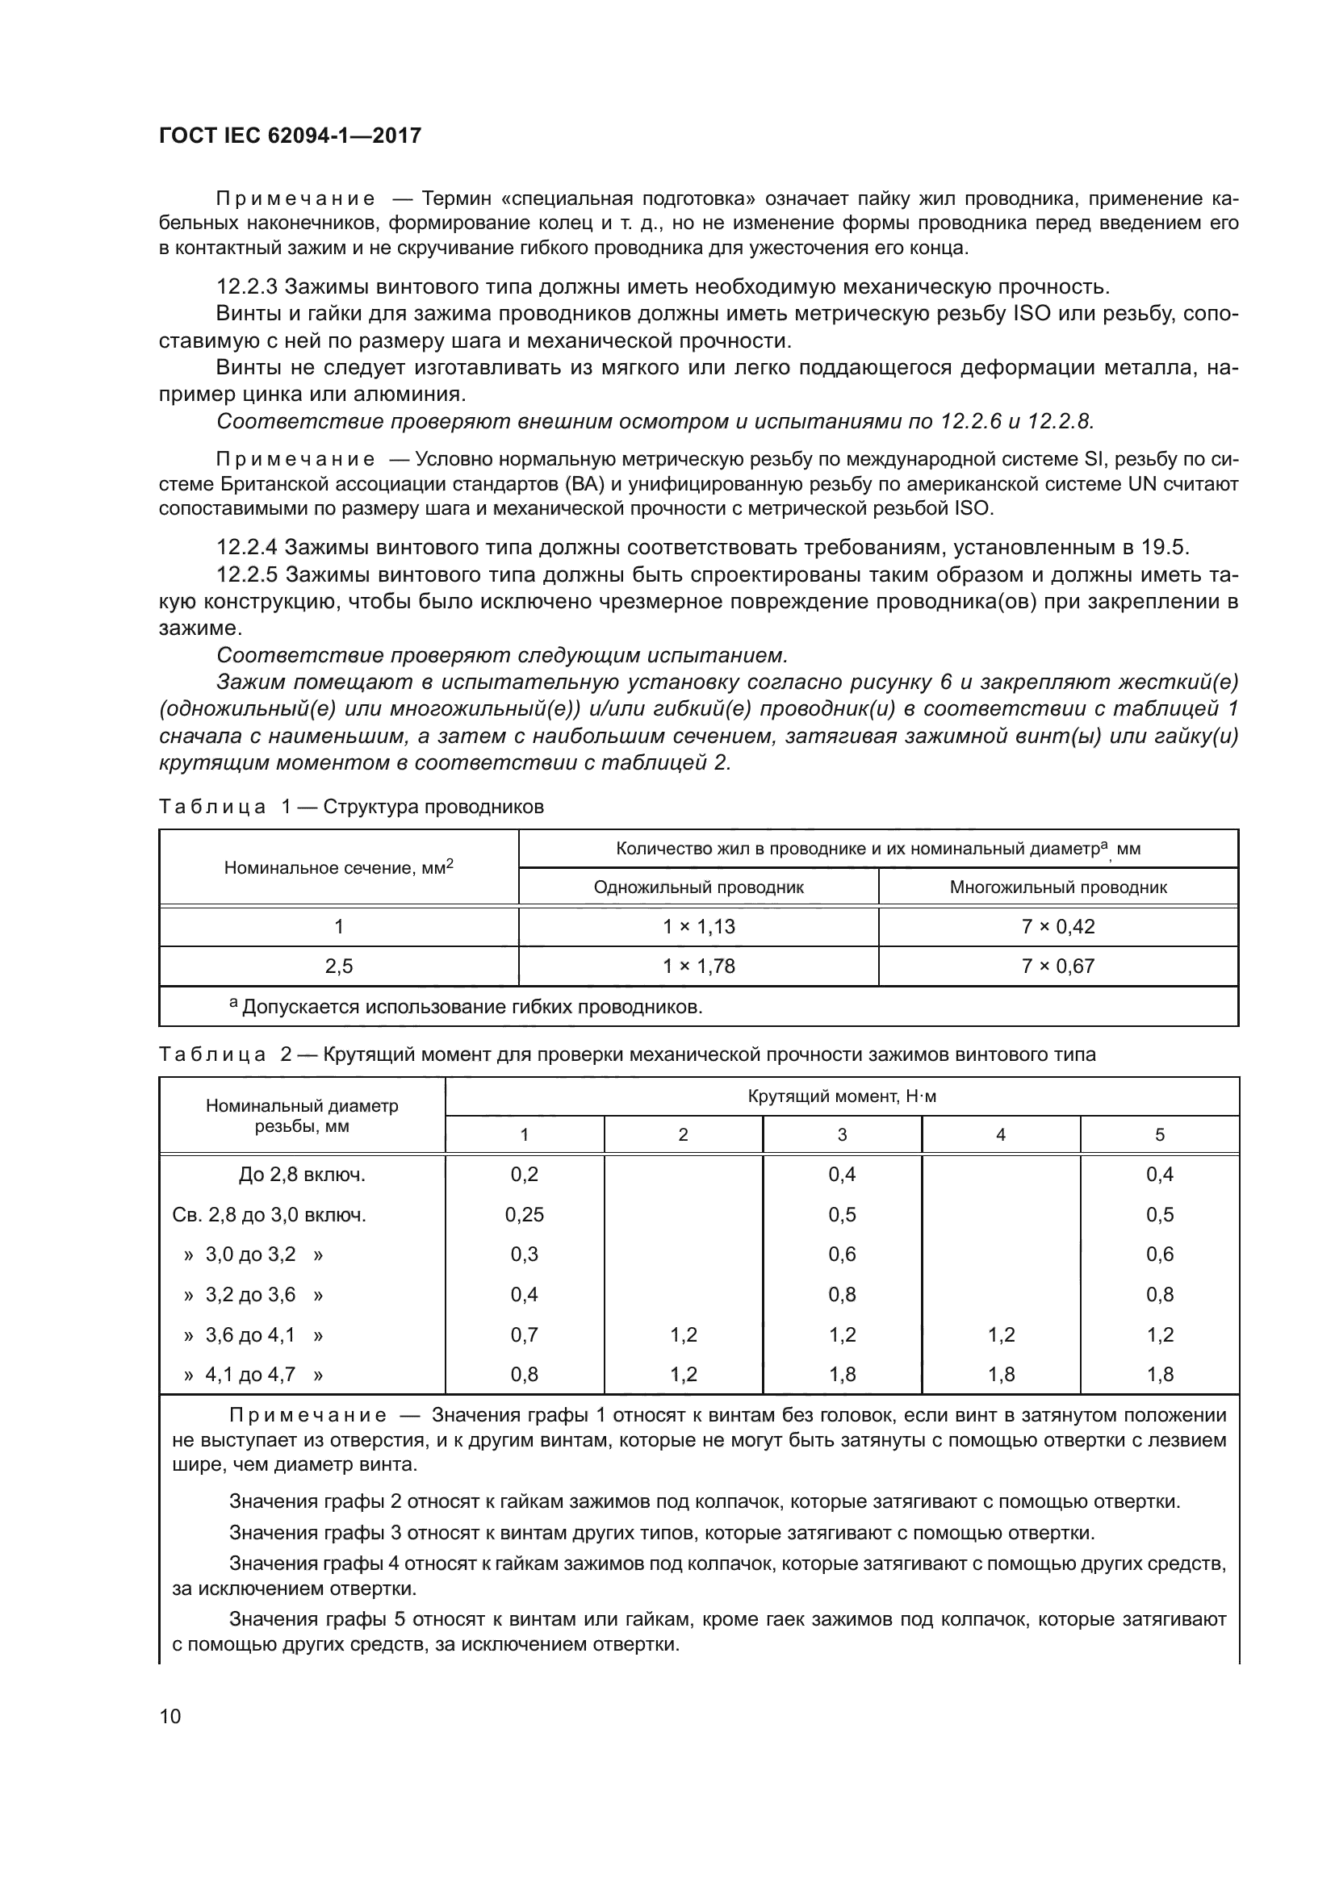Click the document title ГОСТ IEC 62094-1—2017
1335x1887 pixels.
pyautogui.click(x=290, y=136)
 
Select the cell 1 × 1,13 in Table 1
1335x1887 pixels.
pyautogui.click(x=698, y=927)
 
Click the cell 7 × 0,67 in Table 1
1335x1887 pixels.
pyautogui.click(x=1058, y=966)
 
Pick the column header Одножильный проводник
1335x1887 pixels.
pyautogui.click(x=698, y=887)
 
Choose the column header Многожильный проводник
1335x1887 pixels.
pyautogui.click(x=1058, y=887)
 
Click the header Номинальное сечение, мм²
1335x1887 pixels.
pyautogui.click(x=339, y=868)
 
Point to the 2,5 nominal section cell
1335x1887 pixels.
pyautogui.click(x=339, y=966)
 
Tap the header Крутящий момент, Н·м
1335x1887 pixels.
pyautogui.click(x=842, y=1096)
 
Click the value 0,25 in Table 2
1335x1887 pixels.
pyautogui.click(x=525, y=1215)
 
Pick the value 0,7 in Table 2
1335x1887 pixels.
pyautogui.click(x=525, y=1334)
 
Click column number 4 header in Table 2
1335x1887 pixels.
pyautogui.click(x=1000, y=1135)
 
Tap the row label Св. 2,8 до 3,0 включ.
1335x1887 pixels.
pyautogui.click(x=269, y=1215)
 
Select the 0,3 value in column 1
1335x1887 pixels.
pyautogui.click(x=525, y=1255)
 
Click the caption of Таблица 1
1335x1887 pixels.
pyautogui.click(x=351, y=807)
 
